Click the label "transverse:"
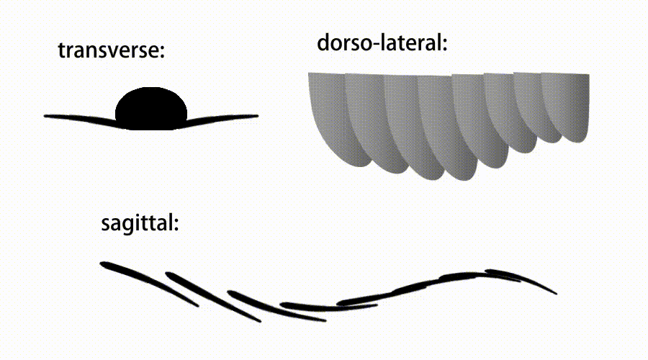[x=111, y=50]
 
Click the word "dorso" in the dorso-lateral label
[x=346, y=42]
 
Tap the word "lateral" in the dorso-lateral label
[x=411, y=42]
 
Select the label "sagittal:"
[x=140, y=224]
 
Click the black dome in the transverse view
[x=151, y=108]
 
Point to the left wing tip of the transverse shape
[x=45, y=116]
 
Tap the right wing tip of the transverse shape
[x=258, y=116]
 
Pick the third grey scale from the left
[x=407, y=124]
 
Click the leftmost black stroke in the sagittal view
[x=149, y=283]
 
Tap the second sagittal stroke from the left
[x=213, y=296]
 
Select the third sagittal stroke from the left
[x=276, y=307]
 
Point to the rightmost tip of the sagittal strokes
[x=557, y=294]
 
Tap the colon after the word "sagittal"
[x=176, y=224]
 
